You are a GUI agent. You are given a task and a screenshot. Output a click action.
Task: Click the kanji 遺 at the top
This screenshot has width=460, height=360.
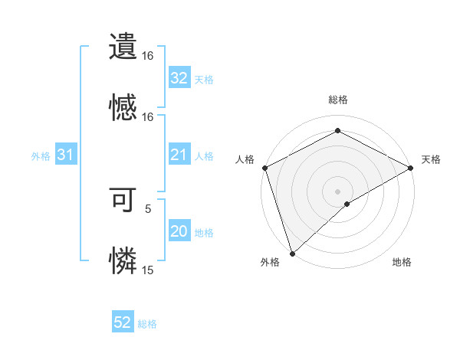(123, 45)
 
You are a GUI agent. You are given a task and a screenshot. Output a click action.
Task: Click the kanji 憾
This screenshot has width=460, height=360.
(123, 106)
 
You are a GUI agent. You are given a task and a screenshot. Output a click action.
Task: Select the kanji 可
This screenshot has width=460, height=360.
(123, 199)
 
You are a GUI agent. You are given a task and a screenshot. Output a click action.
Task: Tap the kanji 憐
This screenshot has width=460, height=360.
(123, 260)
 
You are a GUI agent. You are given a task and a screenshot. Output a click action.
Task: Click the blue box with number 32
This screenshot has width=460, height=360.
(179, 78)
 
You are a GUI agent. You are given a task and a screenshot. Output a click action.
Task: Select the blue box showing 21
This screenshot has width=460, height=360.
(179, 155)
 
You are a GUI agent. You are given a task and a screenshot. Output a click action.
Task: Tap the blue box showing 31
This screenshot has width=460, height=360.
(66, 155)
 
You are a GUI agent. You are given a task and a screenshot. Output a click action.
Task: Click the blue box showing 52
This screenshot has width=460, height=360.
(123, 323)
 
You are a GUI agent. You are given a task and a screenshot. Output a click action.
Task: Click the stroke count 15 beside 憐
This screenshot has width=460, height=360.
(148, 270)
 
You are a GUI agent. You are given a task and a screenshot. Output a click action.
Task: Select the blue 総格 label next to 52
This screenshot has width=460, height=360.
(147, 324)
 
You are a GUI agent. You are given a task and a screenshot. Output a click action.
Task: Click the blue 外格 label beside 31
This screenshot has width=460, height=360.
(41, 156)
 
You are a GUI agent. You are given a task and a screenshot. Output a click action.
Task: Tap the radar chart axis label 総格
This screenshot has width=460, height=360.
(337, 100)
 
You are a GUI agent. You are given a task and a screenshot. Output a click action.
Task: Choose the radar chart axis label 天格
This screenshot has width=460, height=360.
(431, 159)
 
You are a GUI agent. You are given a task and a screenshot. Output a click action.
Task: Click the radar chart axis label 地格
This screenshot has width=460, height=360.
(402, 263)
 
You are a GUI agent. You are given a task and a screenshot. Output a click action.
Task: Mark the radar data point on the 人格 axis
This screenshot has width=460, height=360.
(264, 167)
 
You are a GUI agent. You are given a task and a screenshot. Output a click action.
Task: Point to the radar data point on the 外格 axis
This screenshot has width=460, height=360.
(292, 253)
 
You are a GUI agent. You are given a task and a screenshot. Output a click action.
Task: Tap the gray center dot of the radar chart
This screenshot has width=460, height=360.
(337, 191)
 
